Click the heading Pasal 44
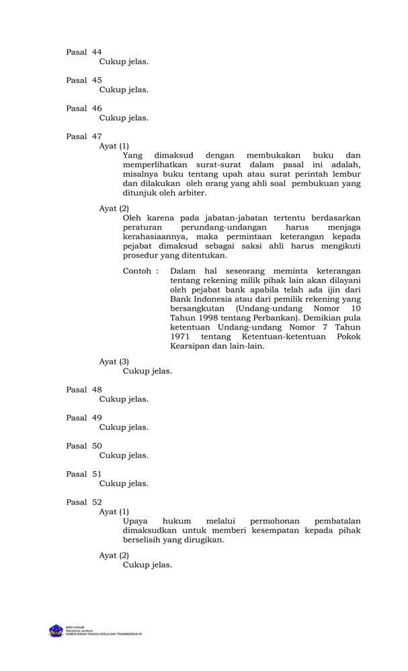tap(84, 52)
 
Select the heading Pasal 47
tap(84, 136)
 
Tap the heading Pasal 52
tap(84, 502)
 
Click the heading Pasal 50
tap(84, 446)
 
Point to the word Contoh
tap(138, 271)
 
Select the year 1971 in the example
tap(181, 335)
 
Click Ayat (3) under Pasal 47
tap(114, 361)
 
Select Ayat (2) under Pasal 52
tap(114, 555)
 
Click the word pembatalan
tap(337, 521)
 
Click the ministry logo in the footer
tap(55, 631)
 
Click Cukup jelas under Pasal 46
tap(124, 117)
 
